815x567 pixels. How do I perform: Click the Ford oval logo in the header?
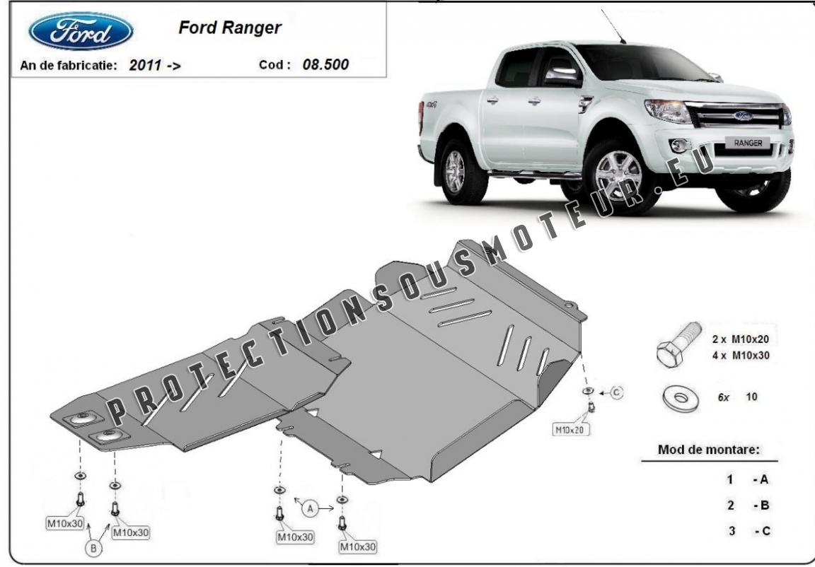[x=81, y=31]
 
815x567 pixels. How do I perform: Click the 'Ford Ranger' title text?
[x=230, y=28]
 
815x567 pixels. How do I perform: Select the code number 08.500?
[x=325, y=65]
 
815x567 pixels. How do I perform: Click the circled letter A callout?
[x=311, y=508]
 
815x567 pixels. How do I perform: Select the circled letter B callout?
[x=94, y=547]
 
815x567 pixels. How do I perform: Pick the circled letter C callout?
[x=616, y=392]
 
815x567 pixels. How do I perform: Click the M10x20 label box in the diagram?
[x=571, y=429]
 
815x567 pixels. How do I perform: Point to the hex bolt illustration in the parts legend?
[x=679, y=344]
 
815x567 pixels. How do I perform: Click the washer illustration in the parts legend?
[x=682, y=398]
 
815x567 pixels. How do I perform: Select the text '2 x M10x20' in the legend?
[x=740, y=339]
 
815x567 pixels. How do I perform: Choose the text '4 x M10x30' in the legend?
[x=740, y=356]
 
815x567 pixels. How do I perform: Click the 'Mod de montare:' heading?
[x=708, y=450]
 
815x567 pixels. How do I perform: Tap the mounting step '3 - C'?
[x=749, y=531]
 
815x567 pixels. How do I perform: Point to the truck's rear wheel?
[x=458, y=171]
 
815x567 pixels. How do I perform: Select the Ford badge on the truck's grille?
[x=744, y=115]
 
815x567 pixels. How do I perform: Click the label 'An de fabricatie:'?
[x=68, y=66]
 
